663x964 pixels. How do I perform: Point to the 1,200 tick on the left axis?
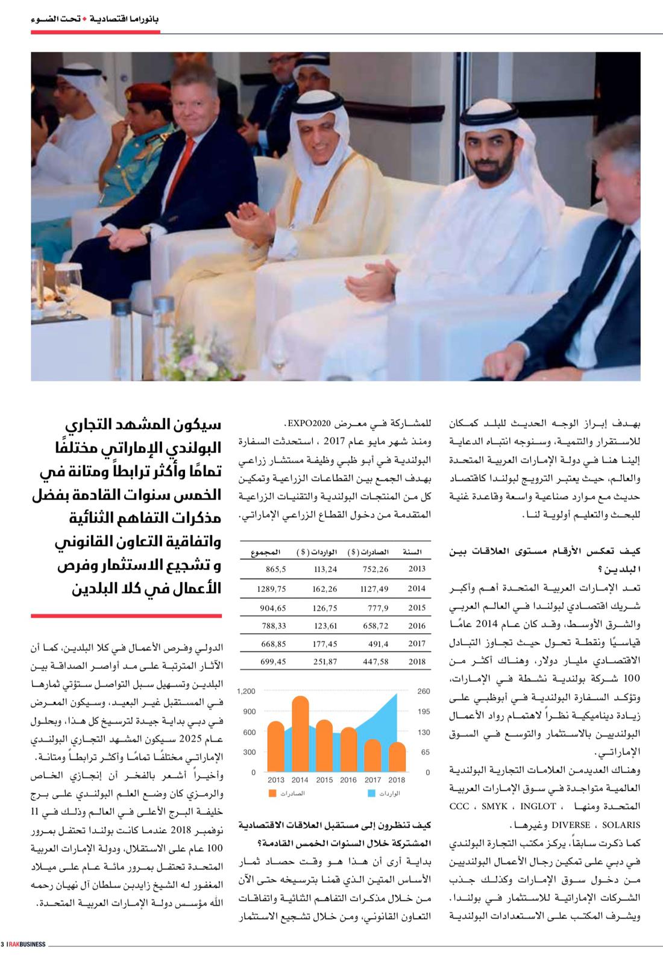tap(246, 691)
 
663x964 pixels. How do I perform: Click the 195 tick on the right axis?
tap(424, 712)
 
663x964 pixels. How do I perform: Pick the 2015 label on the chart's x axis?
tap(324, 780)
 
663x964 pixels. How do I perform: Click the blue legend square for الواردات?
tap(372, 793)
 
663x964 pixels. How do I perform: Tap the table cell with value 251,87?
tap(325, 662)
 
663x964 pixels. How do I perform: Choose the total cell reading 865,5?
tap(275, 569)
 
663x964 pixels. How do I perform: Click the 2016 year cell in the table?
tap(416, 626)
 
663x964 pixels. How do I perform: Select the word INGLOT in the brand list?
tap(538, 806)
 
